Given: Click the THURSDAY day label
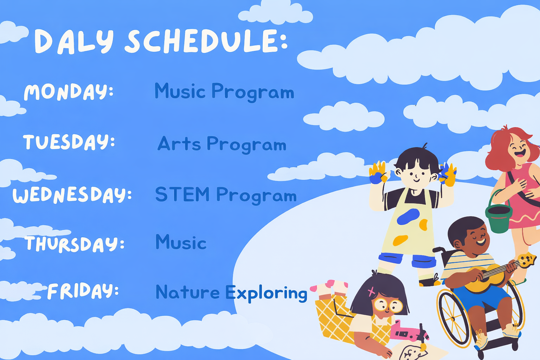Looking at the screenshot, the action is [x=75, y=244].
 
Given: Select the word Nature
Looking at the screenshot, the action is [x=187, y=292].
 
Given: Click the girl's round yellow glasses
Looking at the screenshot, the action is [x=388, y=305].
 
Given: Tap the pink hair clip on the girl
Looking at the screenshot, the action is [x=372, y=291].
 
